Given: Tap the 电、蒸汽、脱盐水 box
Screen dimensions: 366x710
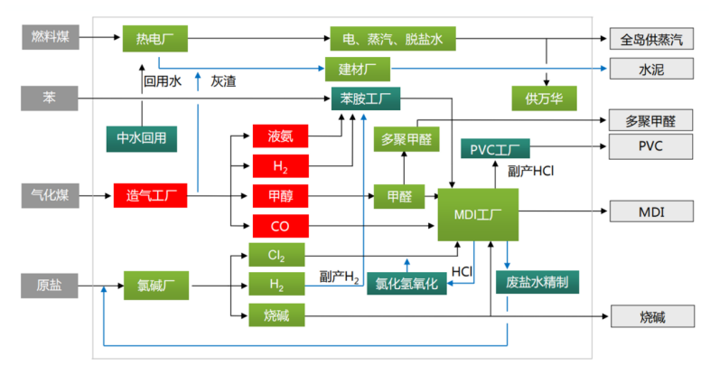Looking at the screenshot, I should click(x=393, y=38).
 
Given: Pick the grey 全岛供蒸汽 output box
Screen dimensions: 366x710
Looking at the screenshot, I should click(x=651, y=39).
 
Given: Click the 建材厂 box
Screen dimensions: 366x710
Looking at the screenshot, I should click(x=357, y=69).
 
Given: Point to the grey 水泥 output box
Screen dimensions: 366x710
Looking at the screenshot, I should click(x=651, y=69).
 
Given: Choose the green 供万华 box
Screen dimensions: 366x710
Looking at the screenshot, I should click(x=544, y=97).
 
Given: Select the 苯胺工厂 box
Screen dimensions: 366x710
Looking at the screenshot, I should click(x=364, y=98).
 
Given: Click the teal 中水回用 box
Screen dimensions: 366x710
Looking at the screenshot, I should click(x=142, y=137).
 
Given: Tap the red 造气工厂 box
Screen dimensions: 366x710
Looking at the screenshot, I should click(x=150, y=194).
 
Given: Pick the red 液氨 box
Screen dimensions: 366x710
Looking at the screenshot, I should click(x=280, y=136).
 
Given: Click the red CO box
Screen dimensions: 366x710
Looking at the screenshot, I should click(x=280, y=224).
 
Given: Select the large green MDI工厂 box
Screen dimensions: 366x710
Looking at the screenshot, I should click(x=477, y=214).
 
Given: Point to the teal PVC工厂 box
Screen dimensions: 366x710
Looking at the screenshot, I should click(x=495, y=147).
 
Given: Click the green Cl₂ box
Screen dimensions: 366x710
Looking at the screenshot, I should click(x=276, y=255).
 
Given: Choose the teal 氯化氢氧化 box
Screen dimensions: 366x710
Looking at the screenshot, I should click(x=406, y=284).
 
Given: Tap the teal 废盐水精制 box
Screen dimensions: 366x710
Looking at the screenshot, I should click(x=537, y=282).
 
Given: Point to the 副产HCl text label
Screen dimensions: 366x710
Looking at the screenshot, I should click(x=533, y=171).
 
